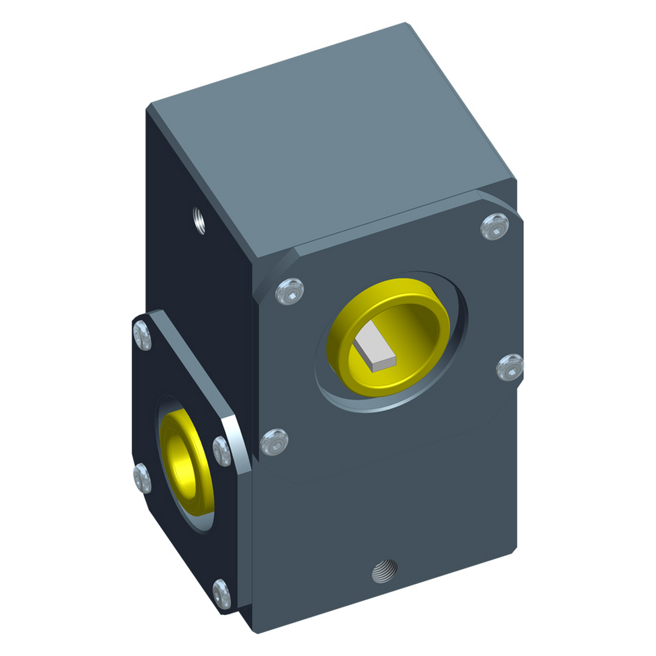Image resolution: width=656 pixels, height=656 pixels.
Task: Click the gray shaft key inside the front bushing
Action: point(374,350)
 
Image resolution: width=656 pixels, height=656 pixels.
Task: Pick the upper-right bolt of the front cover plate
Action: point(494,227)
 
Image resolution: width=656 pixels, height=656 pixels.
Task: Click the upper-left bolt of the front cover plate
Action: point(290,290)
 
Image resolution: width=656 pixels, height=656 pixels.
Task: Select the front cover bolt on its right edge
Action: point(509,367)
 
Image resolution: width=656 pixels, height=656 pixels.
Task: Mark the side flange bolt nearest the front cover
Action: point(221,451)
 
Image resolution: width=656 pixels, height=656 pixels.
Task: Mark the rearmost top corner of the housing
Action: point(406,24)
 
